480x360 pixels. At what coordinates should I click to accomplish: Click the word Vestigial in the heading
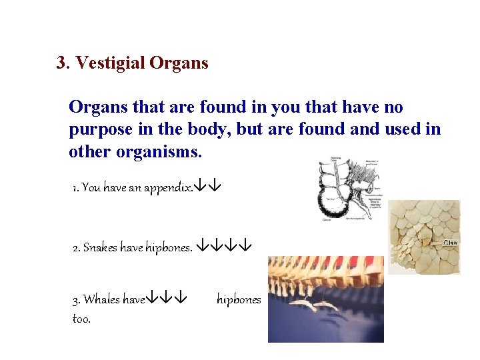coord(110,63)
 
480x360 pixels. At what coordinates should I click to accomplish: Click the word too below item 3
coord(81,319)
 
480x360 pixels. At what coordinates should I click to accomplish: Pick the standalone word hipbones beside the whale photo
coord(239,300)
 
